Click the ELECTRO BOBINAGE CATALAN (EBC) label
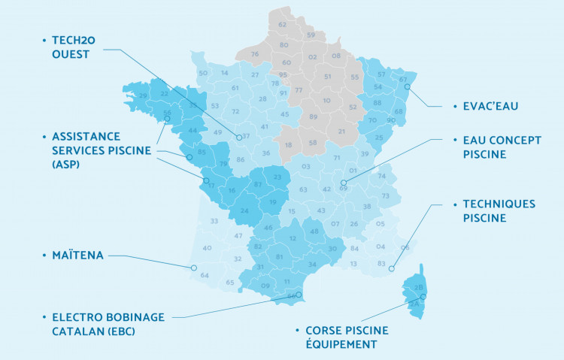tap(108, 323)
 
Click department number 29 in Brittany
tap(143, 96)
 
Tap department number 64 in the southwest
tap(205, 275)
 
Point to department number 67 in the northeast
tap(403, 80)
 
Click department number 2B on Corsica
tap(420, 288)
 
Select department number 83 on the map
tap(381, 263)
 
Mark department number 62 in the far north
tap(283, 25)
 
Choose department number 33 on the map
tap(214, 221)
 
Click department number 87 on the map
tap(258, 184)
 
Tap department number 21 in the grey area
tap(342, 132)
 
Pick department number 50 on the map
tap(203, 73)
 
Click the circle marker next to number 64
tap(193, 268)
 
